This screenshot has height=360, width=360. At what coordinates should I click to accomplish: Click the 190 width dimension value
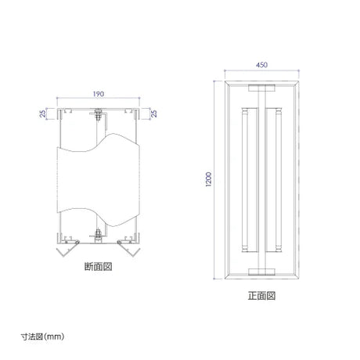99,94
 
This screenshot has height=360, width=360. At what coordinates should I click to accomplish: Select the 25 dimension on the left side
43,113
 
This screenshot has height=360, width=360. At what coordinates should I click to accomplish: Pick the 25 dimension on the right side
154,113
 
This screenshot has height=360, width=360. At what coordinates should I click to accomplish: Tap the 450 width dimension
261,65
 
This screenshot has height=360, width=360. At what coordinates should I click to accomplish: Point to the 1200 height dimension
209,179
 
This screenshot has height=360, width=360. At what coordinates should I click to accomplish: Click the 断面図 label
99,267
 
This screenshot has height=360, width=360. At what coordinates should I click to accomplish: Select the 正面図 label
261,296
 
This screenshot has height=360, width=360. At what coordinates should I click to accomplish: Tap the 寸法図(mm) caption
42,337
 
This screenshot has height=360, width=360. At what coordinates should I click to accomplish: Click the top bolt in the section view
98,114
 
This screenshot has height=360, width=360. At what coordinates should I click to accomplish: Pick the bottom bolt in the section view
98,236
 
